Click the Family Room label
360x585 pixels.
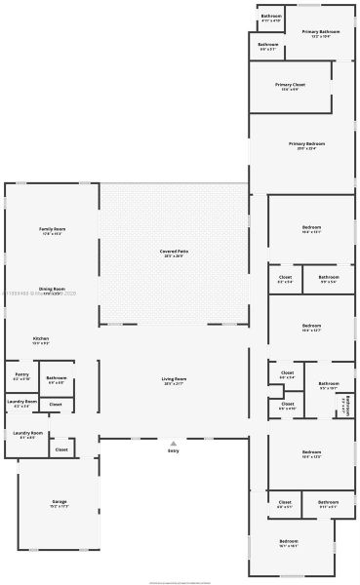click(x=53, y=228)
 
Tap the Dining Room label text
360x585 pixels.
click(x=52, y=289)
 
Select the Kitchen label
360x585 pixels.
click(x=41, y=338)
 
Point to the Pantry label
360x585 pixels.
click(x=21, y=373)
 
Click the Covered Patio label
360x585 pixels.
click(x=175, y=251)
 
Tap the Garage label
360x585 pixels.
click(x=60, y=501)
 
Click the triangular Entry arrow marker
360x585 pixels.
click(x=174, y=443)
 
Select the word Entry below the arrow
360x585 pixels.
click(x=174, y=451)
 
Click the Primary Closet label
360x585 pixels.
click(x=291, y=85)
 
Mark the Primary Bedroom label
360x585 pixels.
click(x=306, y=143)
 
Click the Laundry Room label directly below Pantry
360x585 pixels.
click(x=21, y=401)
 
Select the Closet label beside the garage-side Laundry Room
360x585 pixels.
click(x=61, y=449)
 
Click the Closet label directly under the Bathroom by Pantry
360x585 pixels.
click(x=56, y=403)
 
